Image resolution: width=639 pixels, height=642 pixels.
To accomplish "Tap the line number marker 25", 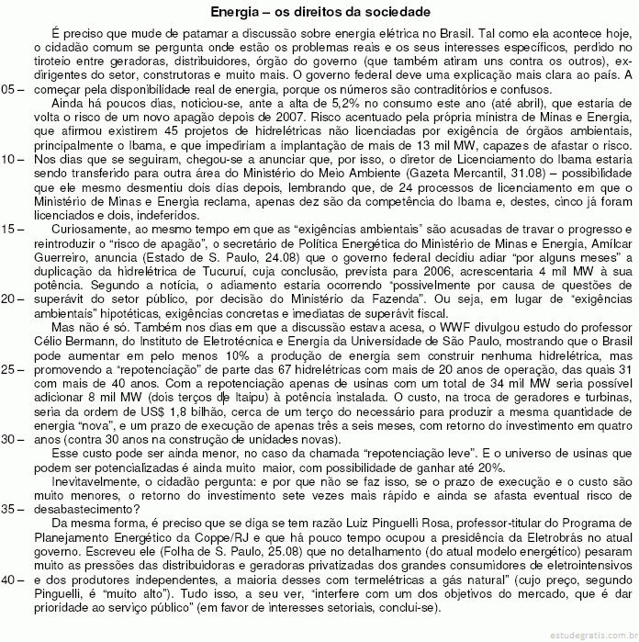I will click(x=11, y=368).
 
